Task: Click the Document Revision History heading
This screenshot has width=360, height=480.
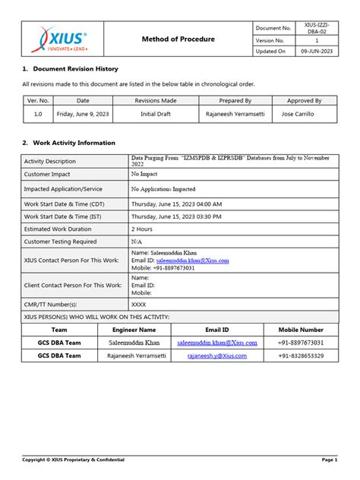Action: click(x=69, y=69)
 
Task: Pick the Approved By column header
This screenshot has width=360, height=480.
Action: click(x=303, y=100)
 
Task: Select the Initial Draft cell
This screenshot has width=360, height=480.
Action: click(x=158, y=115)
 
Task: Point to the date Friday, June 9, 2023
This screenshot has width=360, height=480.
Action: click(x=83, y=115)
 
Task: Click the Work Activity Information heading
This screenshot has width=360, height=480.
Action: click(x=69, y=143)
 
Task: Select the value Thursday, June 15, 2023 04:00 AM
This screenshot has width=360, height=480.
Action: click(x=176, y=204)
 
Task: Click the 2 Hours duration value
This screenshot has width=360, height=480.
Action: click(x=142, y=228)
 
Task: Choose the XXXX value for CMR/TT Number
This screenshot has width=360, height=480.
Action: click(x=138, y=303)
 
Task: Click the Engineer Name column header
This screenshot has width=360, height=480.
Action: click(x=134, y=330)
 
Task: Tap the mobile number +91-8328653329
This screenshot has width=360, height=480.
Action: click(x=301, y=355)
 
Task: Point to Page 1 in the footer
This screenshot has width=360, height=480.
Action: click(x=330, y=459)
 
